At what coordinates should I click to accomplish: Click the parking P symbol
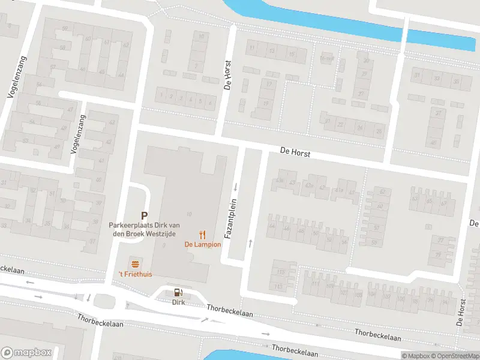coord(144,215)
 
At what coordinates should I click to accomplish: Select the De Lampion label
coord(202,244)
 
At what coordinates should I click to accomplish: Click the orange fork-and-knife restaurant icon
coord(203,234)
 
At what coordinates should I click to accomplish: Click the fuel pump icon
coord(178,293)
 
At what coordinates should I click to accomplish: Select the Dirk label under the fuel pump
coord(178,302)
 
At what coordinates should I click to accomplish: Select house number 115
coord(278,286)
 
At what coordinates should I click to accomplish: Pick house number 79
coord(437,255)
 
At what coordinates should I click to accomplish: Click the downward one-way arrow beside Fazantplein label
coord(236,186)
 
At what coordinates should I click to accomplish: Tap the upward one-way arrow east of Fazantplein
coord(250,243)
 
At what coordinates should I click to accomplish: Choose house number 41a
coord(340,190)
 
